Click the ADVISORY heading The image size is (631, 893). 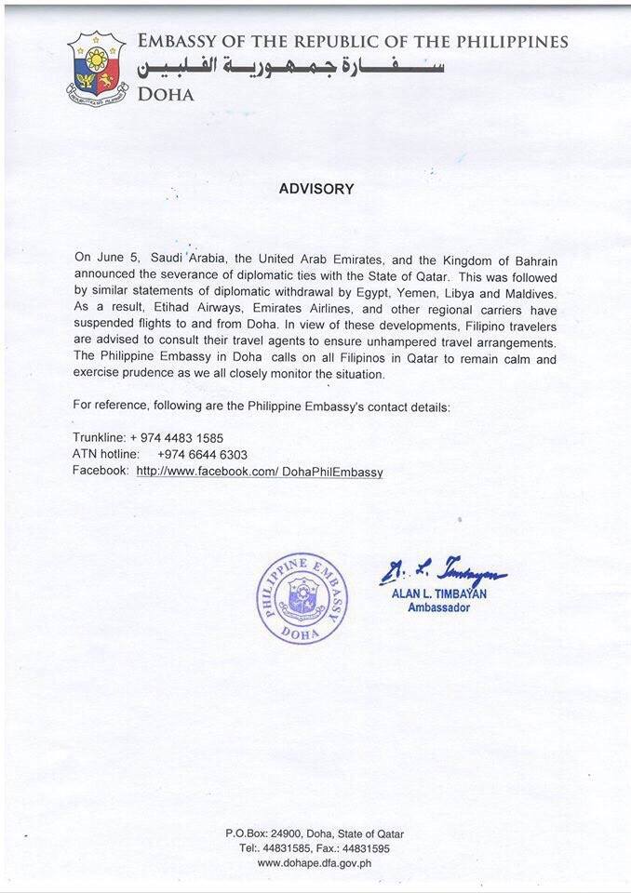(316, 189)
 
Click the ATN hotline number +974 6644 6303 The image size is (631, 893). (202, 454)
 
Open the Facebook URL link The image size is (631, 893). (260, 472)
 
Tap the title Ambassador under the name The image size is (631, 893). (438, 608)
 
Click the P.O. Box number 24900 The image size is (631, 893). (292, 834)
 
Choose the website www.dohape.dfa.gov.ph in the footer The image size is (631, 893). (315, 862)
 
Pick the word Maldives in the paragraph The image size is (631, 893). (531, 291)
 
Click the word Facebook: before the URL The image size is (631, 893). (100, 472)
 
